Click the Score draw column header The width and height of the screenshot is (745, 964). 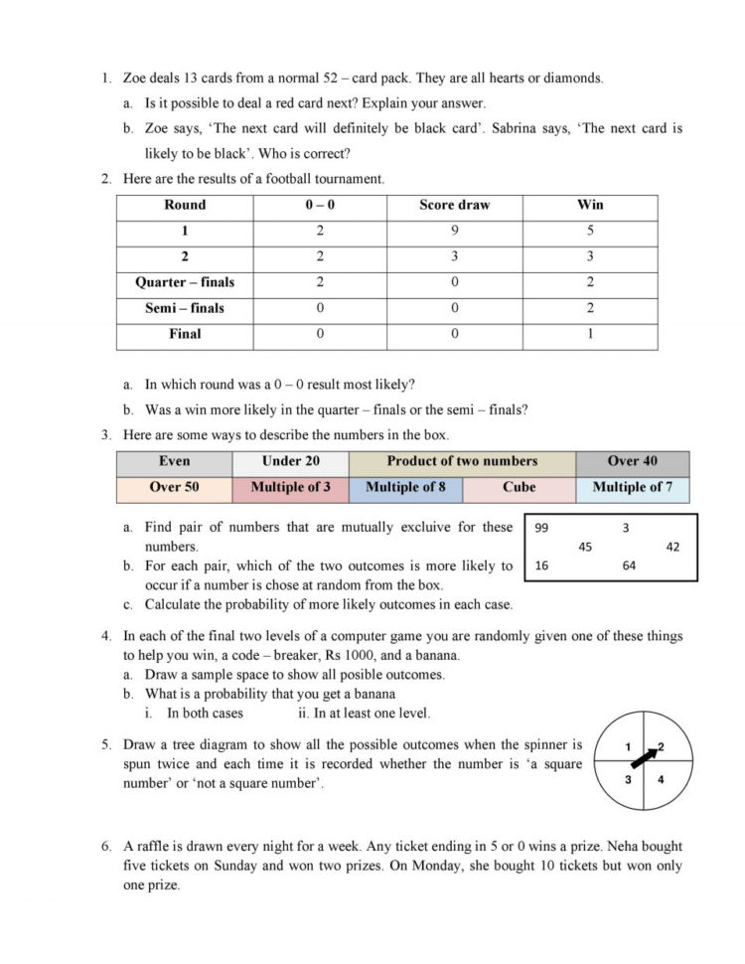click(454, 205)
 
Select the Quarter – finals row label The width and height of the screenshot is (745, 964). click(185, 282)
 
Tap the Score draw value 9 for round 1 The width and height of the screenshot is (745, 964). click(454, 231)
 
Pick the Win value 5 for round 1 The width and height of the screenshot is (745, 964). click(590, 231)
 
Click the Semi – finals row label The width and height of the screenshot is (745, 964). click(185, 308)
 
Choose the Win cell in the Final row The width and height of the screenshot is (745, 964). click(590, 334)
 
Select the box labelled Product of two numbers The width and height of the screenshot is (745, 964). click(462, 461)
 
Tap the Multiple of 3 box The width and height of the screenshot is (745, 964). click(291, 487)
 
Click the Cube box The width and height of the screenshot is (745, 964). click(519, 487)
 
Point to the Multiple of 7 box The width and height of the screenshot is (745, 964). click(632, 487)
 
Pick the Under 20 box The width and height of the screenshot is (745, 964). click(290, 461)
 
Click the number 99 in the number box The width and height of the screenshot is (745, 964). click(542, 529)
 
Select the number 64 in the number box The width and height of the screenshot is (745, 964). click(629, 565)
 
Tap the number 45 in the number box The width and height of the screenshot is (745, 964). click(585, 547)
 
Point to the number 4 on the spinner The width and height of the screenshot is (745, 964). click(662, 780)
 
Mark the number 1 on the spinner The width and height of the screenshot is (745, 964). click(628, 746)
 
